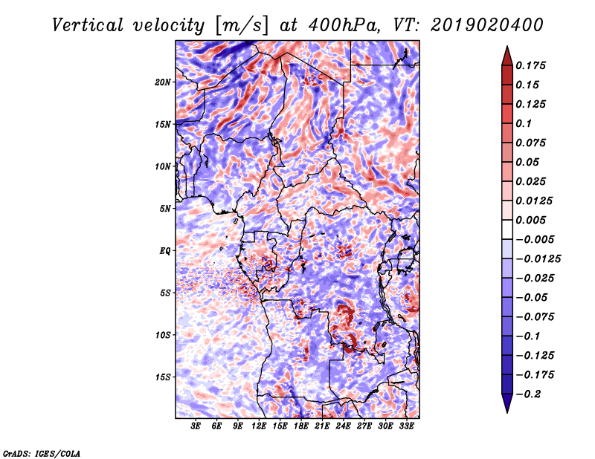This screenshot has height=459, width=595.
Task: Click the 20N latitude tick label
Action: [163, 82]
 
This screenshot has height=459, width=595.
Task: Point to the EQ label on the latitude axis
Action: [165, 251]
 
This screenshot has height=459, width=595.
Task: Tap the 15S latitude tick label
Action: [163, 377]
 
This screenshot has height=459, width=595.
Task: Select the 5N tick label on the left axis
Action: [165, 209]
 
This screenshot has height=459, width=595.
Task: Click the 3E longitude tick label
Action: [196, 426]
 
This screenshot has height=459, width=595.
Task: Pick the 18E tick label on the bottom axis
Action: [301, 426]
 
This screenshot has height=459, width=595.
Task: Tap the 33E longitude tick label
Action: [406, 426]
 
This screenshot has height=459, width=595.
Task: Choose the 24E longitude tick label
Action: [343, 426]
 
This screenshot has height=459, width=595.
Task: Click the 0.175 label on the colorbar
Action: [530, 65]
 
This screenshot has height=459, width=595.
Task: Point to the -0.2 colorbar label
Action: [528, 394]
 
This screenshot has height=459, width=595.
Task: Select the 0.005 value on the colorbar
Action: [530, 220]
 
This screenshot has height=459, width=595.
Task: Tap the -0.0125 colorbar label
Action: [538, 259]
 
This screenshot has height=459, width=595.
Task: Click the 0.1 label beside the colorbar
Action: [524, 123]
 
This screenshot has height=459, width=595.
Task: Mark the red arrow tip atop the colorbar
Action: [507, 46]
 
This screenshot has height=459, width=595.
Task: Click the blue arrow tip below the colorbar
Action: [507, 413]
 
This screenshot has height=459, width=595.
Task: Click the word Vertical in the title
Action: [88, 25]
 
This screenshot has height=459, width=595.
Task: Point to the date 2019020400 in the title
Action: [487, 25]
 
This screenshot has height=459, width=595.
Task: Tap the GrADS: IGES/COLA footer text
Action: [42, 453]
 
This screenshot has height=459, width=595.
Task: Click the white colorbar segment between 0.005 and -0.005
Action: [507, 229]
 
